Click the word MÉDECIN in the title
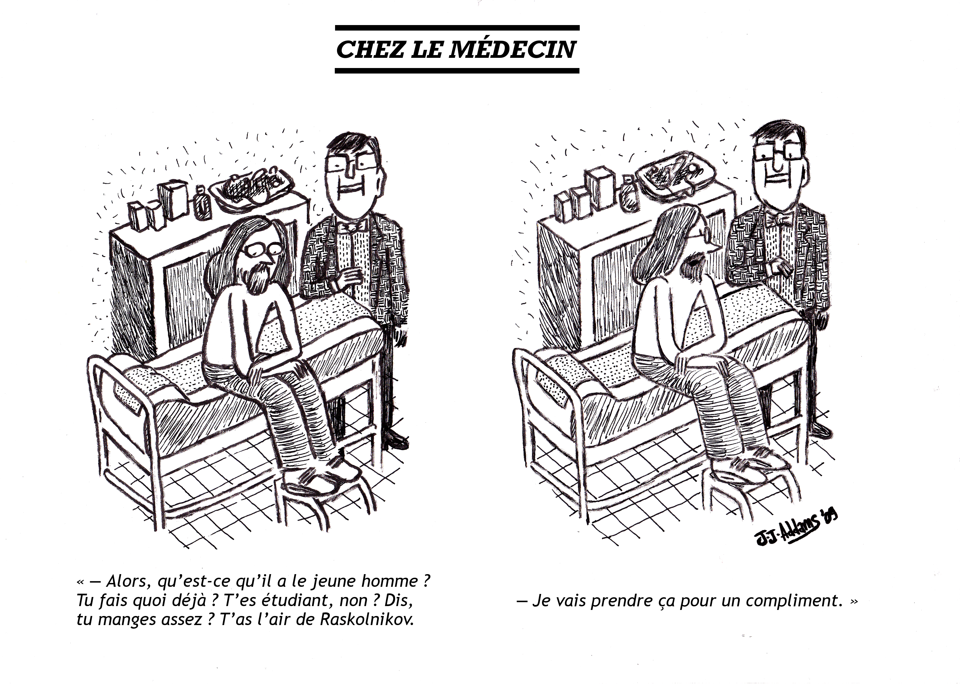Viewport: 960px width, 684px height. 512,50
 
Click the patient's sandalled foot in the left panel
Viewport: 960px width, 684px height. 320,478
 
